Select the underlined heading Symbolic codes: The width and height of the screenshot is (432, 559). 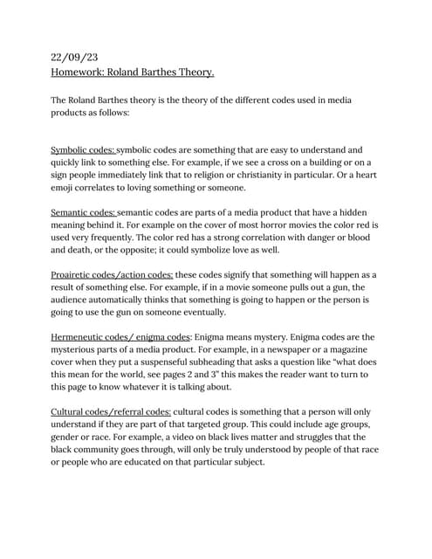point(83,150)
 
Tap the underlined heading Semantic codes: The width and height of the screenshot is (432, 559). point(83,212)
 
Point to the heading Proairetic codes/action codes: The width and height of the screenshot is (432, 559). point(112,274)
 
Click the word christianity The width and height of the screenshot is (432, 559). point(270,175)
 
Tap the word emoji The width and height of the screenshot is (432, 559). point(68,188)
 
